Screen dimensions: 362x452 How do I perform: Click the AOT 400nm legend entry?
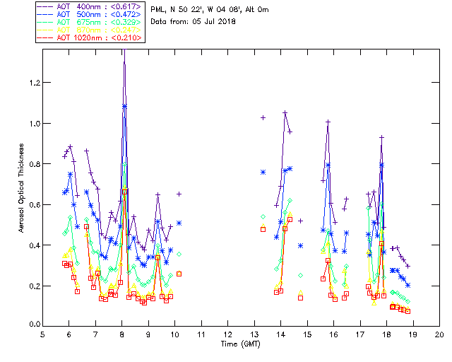(91, 6)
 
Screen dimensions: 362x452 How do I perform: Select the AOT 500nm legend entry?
(91, 14)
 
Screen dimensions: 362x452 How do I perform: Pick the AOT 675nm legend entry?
(91, 22)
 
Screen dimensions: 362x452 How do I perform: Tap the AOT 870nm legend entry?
(91, 30)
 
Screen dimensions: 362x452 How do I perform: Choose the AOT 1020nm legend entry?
(91, 37)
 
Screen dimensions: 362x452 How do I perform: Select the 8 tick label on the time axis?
(122, 334)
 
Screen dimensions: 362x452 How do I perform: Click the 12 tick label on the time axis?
(227, 334)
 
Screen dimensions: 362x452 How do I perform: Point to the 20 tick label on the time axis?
(439, 334)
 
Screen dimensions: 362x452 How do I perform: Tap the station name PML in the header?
(159, 9)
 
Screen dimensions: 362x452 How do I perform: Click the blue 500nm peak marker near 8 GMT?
(125, 106)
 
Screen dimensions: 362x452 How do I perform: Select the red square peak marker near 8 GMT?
(125, 191)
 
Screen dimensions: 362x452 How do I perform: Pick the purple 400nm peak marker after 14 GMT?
(285, 112)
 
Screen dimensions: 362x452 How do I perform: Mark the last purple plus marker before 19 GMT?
(408, 266)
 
